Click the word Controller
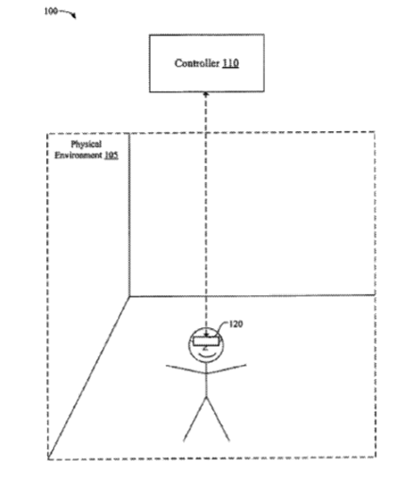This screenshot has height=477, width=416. tap(197, 63)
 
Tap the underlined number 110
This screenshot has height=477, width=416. tap(230, 63)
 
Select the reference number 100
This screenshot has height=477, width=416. tap(51, 11)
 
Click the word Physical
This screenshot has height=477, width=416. tap(86, 144)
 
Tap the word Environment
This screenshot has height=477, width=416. tap(78, 156)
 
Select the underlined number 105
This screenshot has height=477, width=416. tap(111, 156)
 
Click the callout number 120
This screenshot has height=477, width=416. tap(236, 324)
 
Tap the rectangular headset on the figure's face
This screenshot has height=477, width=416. tap(206, 341)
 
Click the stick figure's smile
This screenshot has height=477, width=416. tap(207, 354)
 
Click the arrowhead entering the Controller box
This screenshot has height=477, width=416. tap(206, 94)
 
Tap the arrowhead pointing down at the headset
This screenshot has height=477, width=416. tap(206, 335)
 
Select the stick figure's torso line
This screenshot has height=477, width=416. tap(207, 380)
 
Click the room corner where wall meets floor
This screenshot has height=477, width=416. tap(129, 296)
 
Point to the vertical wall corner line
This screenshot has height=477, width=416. tap(129, 215)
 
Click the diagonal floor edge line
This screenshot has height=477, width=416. tap(89, 378)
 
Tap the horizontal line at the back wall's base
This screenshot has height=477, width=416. tap(252, 296)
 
